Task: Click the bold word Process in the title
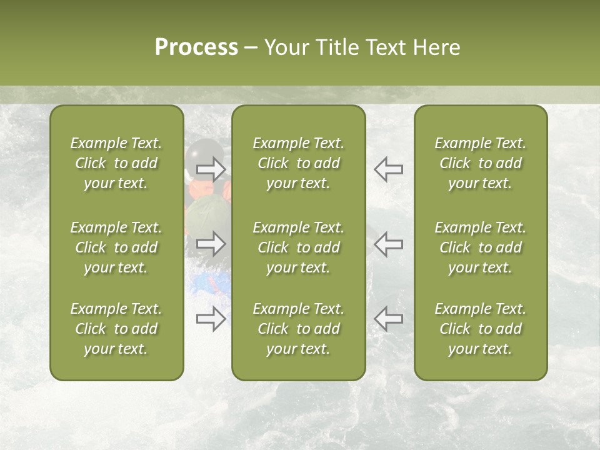tap(196, 47)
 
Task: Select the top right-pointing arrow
tap(211, 169)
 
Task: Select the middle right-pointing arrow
tap(211, 244)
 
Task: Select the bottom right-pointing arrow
tap(211, 319)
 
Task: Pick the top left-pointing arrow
tap(388, 169)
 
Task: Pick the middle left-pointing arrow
tap(388, 244)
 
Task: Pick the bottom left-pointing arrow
tap(388, 319)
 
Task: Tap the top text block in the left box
tap(116, 163)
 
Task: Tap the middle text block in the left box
tap(116, 247)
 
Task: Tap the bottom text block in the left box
tap(116, 329)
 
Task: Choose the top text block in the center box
tap(298, 163)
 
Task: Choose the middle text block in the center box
tap(298, 247)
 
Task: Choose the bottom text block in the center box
tap(298, 329)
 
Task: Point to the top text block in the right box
tap(480, 163)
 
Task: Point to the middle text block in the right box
tap(480, 247)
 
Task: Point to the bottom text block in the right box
tap(480, 329)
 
